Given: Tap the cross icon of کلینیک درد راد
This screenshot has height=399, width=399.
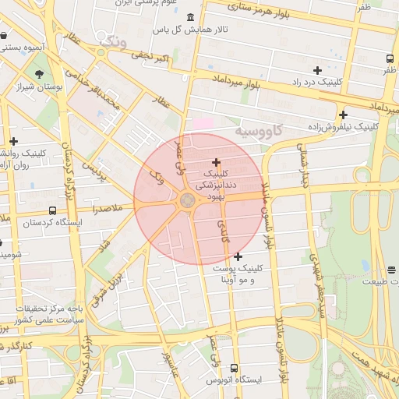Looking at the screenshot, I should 317,71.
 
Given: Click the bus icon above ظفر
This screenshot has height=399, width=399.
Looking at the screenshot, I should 390,58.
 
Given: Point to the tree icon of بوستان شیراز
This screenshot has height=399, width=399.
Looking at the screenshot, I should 38,76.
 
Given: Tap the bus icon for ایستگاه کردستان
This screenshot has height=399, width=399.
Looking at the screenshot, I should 52,210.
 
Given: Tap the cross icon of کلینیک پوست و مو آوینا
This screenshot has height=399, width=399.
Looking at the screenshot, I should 238,256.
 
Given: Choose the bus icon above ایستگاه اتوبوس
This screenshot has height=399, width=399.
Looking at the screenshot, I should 235,368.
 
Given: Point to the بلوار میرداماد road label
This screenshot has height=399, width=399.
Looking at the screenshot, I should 235,81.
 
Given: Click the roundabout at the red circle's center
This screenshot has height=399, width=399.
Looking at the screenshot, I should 188,201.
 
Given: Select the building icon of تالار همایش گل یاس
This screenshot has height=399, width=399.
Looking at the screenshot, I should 192,17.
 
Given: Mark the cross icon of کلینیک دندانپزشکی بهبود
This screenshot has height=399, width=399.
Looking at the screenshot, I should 216,161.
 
